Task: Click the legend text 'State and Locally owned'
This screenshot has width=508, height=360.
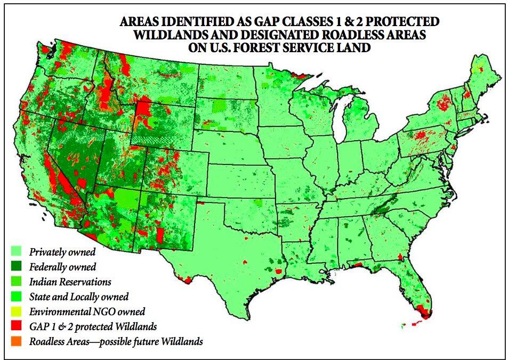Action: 79,297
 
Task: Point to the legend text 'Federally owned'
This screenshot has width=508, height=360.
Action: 62,267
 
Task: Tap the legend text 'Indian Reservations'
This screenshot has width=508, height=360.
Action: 70,282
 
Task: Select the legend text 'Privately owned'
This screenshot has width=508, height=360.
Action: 62,252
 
